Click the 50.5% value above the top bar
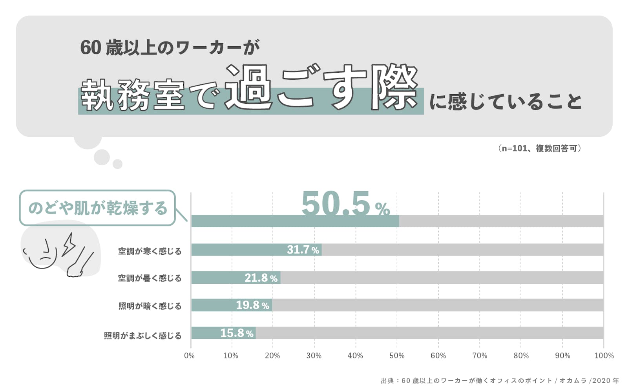pos(345,204)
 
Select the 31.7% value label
pos(303,250)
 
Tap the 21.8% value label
pos(261,278)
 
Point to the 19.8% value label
pos(252,305)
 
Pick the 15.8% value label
pos(237,333)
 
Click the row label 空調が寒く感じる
pos(150,251)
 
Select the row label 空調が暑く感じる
pos(150,278)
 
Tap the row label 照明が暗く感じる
pos(150,306)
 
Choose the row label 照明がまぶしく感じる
pos(142,336)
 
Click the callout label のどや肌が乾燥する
pos(98,208)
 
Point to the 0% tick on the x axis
pos(189,356)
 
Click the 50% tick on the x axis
pos(397,356)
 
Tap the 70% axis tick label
pos(480,356)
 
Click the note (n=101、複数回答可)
pos(540,148)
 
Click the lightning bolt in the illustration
pos(69,244)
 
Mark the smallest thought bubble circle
pos(117,164)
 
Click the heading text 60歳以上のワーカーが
pos(170,48)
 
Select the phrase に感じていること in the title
pos(506,102)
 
